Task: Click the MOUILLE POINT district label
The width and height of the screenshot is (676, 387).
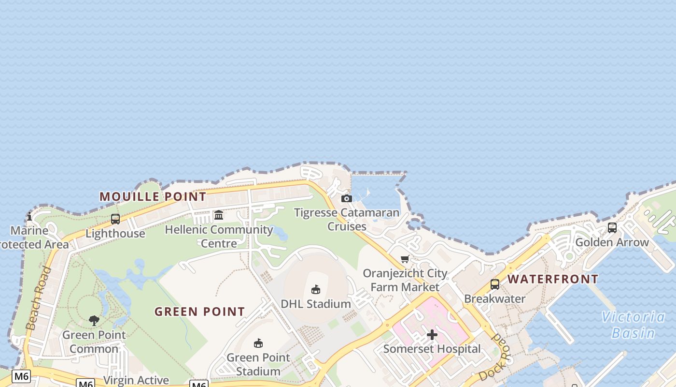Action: tap(153, 196)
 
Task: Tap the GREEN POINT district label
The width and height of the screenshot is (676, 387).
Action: tap(200, 312)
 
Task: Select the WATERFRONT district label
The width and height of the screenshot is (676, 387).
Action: tap(553, 279)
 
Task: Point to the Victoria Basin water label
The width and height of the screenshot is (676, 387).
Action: tap(633, 325)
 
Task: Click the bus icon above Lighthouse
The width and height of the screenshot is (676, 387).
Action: tap(115, 219)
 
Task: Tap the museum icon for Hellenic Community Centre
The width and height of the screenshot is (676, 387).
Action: tap(219, 215)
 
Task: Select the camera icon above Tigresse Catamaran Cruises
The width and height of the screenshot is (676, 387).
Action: tap(347, 198)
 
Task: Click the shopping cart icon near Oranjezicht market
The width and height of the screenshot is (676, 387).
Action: tap(405, 259)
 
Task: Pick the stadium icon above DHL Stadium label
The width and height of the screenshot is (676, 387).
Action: tap(316, 290)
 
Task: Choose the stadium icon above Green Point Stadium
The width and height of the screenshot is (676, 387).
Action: tap(258, 343)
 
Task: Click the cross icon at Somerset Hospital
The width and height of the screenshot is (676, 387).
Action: tap(432, 335)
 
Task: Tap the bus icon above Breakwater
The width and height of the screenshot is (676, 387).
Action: tap(495, 284)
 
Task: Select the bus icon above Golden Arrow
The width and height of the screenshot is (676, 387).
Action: tap(612, 228)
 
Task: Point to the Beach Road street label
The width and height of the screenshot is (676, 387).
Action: tap(39, 298)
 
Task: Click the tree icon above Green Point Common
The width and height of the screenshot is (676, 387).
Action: tap(94, 320)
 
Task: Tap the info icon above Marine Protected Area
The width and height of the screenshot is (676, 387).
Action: tap(29, 216)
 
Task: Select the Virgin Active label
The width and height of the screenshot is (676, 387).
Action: tap(136, 380)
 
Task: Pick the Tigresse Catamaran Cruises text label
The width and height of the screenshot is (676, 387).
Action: tap(347, 219)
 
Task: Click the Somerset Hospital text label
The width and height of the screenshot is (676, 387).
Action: tap(432, 349)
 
